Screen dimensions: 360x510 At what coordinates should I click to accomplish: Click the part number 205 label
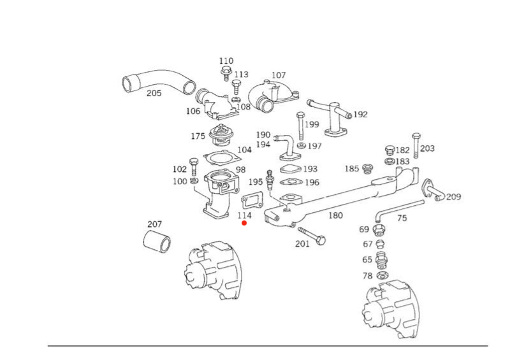(154, 93)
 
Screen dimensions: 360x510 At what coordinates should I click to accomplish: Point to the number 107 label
(279, 75)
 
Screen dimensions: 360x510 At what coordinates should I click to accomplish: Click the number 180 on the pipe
(335, 215)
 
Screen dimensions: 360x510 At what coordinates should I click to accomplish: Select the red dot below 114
(244, 223)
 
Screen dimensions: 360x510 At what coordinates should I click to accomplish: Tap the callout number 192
(360, 115)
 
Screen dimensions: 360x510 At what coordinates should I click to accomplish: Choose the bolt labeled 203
(416, 146)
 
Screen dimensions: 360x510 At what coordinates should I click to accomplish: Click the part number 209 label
(453, 197)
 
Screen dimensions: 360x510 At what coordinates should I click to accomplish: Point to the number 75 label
(402, 218)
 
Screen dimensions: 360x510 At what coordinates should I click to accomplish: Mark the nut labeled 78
(383, 276)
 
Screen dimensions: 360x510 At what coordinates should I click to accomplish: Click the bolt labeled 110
(226, 73)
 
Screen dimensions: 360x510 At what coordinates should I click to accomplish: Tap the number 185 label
(352, 169)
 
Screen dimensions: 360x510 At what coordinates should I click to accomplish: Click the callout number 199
(311, 124)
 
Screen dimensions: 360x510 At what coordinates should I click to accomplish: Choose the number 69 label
(364, 229)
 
